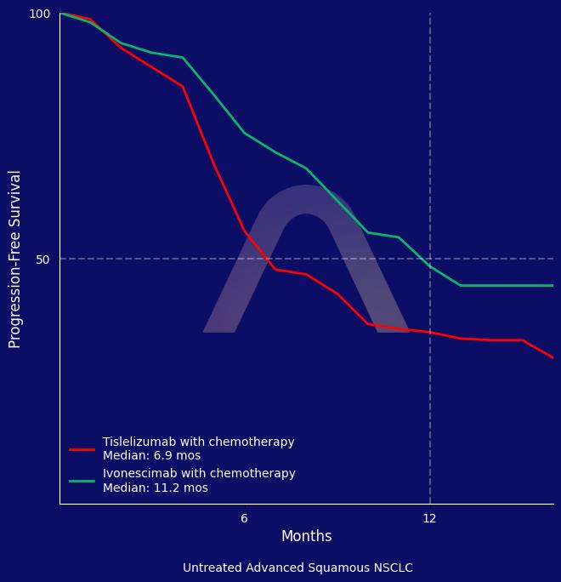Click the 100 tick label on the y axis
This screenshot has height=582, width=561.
coord(40,14)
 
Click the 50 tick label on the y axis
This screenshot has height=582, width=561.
coord(42,260)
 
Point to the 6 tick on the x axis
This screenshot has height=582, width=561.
coord(244,518)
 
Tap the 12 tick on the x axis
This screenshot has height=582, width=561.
coord(429,518)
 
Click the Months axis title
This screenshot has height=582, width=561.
coord(306,536)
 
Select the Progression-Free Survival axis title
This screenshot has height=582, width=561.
coord(15,259)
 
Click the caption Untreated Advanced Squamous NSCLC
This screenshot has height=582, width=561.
coord(297,568)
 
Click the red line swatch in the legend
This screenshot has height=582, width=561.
coord(82,449)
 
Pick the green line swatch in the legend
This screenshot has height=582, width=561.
coord(82,481)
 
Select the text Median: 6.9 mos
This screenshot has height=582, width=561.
coord(151,456)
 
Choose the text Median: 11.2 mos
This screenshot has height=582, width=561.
coord(155,488)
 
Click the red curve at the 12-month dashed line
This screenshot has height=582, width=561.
coord(430,333)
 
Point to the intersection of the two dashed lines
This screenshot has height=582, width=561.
coord(430,259)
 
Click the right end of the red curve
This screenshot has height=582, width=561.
coord(552,357)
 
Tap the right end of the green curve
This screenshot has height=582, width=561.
coord(552,286)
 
